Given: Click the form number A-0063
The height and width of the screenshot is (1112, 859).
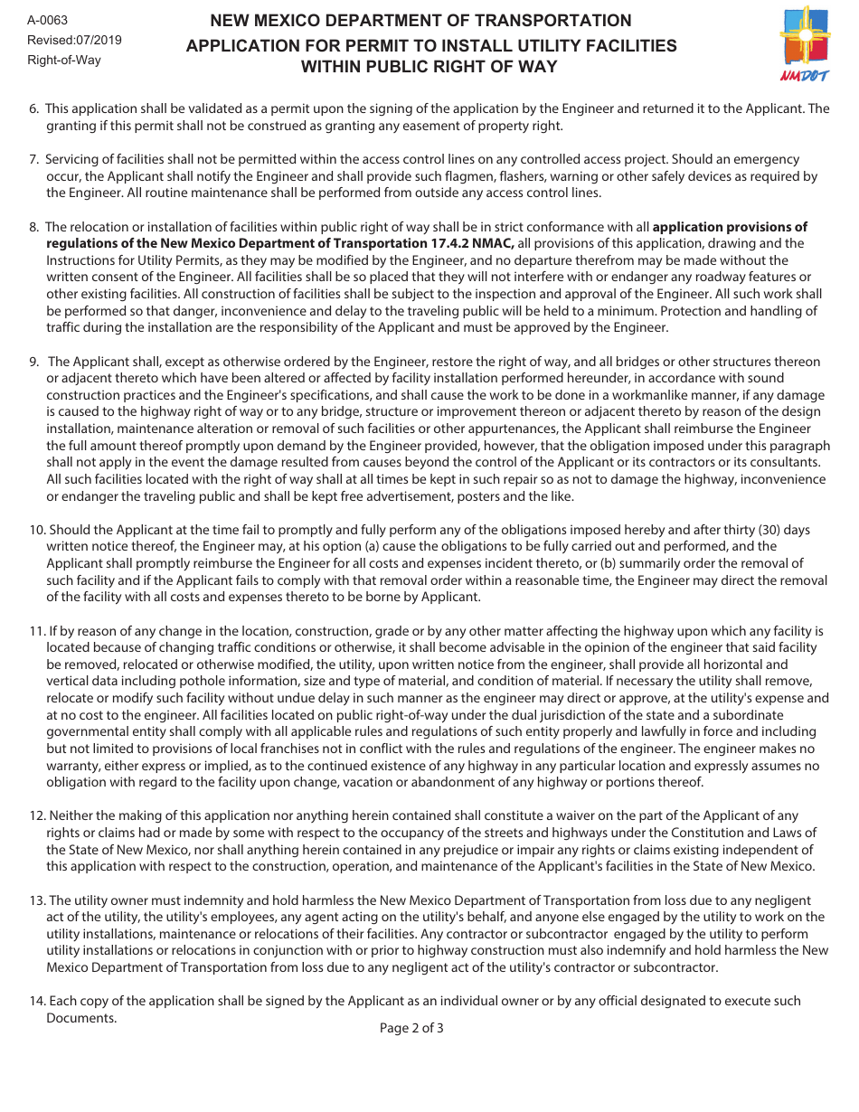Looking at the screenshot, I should [47, 20].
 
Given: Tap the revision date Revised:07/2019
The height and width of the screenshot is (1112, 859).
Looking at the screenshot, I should [74, 40].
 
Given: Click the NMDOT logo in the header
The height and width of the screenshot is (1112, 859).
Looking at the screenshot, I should [803, 44].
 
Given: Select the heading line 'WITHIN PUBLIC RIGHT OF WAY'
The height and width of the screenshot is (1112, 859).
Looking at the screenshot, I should [429, 67].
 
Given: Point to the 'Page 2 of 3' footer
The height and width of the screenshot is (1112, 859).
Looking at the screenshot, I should [411, 1028].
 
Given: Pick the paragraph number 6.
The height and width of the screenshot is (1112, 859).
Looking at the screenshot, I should [33, 108].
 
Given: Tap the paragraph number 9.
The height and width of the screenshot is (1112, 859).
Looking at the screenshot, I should [33, 362].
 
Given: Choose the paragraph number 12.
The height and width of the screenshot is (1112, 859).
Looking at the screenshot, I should [37, 816].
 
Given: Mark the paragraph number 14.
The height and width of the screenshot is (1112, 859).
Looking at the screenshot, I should [37, 1001].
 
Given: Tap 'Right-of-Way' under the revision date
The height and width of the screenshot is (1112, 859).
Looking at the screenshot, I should [64, 60].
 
